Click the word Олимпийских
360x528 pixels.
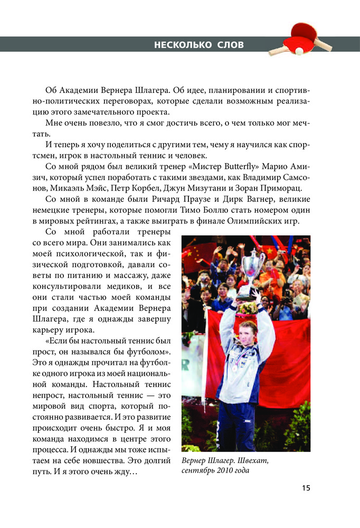tap(246, 220)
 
